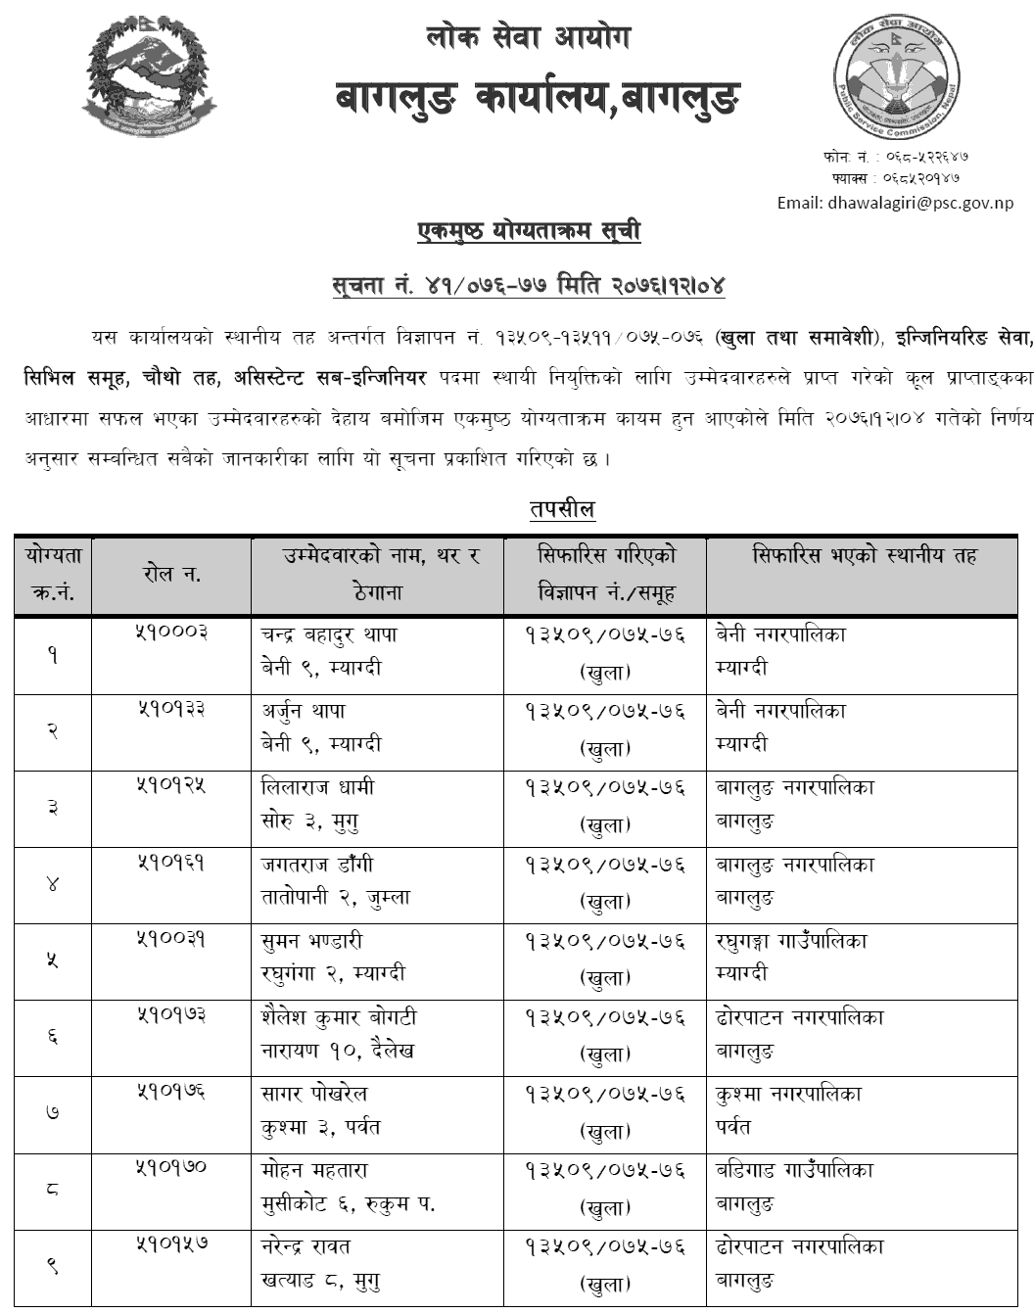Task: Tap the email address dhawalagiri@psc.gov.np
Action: click(895, 203)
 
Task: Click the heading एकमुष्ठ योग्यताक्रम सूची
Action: click(529, 232)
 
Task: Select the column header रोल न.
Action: click(171, 575)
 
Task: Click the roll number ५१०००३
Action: click(171, 633)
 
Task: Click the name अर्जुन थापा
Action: click(304, 711)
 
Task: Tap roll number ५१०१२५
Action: click(171, 786)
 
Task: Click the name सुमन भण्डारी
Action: click(312, 941)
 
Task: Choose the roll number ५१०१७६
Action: click(171, 1092)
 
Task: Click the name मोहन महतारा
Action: click(314, 1170)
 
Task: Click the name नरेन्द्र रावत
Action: click(306, 1246)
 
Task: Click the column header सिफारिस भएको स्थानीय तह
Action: click(865, 556)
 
